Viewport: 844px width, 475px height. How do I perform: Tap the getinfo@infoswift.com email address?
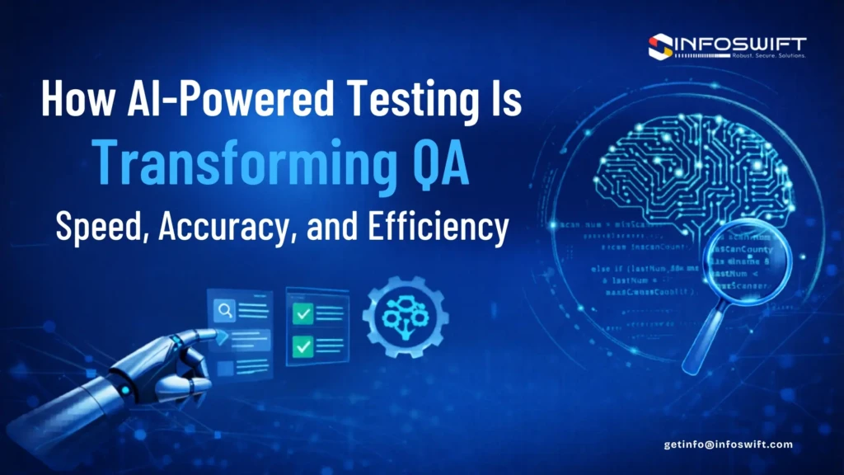729,444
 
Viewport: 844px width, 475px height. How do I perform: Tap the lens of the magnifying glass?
747,265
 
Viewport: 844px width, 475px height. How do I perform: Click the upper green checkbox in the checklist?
303,313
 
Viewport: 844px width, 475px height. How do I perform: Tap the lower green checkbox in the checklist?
303,346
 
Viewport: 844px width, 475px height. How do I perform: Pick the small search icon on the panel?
224,311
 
